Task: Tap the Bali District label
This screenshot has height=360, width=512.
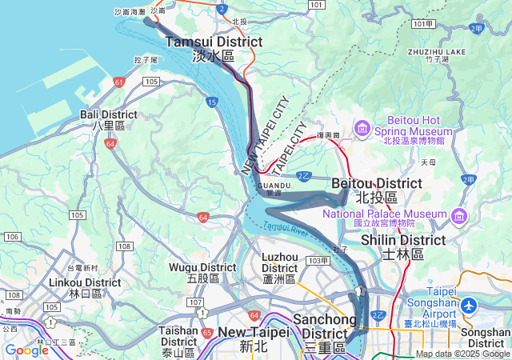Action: (x=108, y=120)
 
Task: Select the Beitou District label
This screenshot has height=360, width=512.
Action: (x=376, y=190)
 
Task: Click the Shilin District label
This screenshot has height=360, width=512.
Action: (x=402, y=246)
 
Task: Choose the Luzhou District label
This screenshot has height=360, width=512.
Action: (x=279, y=268)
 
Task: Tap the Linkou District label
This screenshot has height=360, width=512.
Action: (x=85, y=288)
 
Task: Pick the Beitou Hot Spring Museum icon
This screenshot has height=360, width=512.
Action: (x=362, y=127)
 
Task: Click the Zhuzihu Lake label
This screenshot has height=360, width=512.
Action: (x=436, y=54)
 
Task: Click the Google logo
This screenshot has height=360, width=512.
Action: (x=26, y=350)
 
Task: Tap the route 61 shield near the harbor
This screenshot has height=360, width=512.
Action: (x=118, y=82)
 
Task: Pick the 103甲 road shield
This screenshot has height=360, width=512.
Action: (x=318, y=261)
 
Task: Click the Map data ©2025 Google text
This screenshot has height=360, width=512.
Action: (x=462, y=354)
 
